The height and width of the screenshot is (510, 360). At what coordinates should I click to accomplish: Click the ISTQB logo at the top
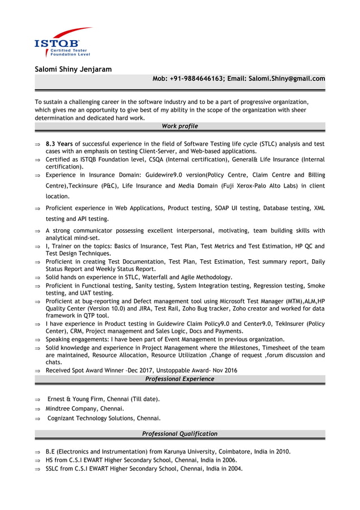[62, 43]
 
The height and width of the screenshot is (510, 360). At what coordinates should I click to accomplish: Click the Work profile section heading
[179, 126]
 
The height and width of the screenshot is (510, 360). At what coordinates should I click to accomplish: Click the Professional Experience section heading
[179, 379]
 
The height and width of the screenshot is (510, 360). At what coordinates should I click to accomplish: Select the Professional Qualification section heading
[179, 434]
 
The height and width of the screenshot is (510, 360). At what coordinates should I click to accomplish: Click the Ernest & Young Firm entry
[103, 399]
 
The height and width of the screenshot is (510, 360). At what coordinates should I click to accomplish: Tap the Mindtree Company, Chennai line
[85, 408]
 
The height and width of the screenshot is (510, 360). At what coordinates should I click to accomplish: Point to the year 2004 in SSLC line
[234, 468]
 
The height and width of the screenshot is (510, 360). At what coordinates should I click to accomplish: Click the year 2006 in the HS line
[229, 460]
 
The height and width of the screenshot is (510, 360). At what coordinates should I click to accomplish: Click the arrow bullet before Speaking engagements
[37, 340]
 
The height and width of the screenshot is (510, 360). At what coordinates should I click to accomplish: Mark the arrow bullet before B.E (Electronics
[37, 452]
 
